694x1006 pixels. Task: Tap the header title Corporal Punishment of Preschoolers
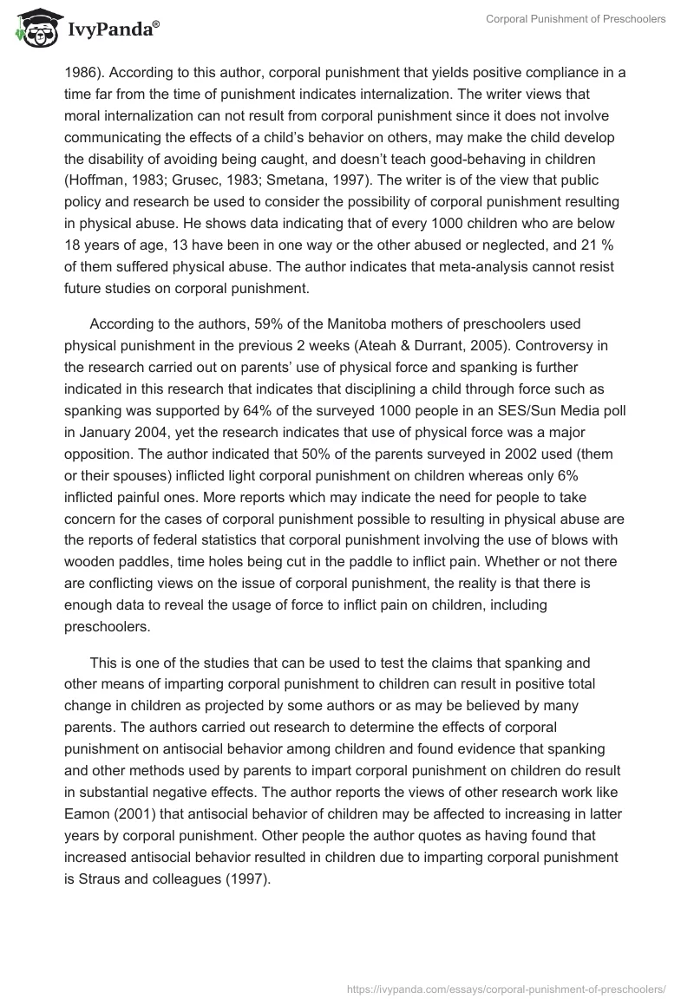(575, 19)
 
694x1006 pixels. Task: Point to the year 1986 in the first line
(81, 72)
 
